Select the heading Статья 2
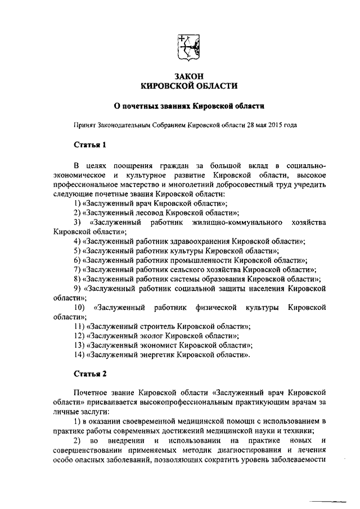click(90, 373)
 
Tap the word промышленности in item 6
click(202, 260)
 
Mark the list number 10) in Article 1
click(79, 308)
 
